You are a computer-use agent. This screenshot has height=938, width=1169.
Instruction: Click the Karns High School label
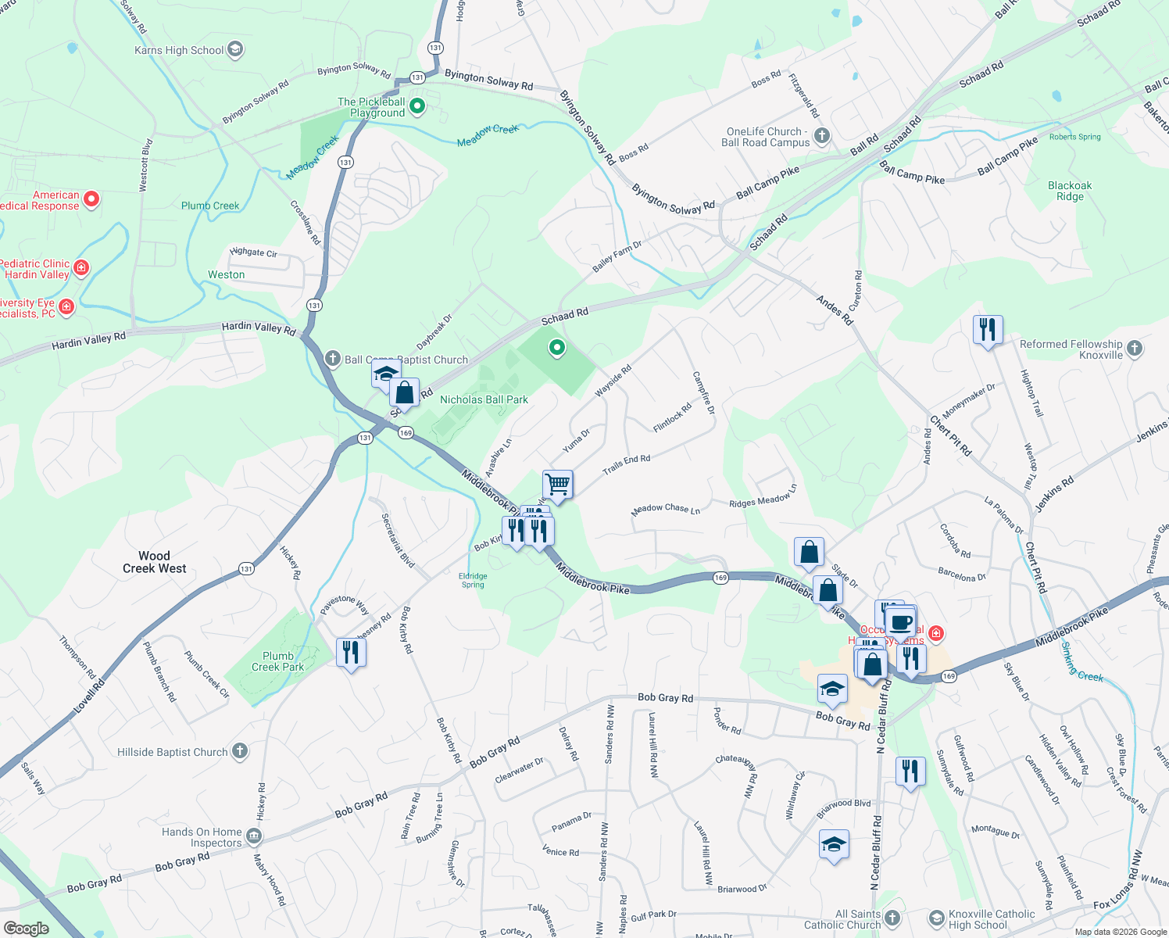pyautogui.click(x=179, y=50)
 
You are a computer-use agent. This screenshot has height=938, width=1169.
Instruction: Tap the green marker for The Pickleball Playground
pyautogui.click(x=417, y=106)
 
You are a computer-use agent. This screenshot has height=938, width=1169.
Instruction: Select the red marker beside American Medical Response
pyautogui.click(x=91, y=199)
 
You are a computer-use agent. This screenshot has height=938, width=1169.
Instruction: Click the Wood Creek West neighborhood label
pyautogui.click(x=154, y=562)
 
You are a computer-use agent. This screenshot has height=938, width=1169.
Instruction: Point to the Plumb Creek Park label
pyautogui.click(x=277, y=661)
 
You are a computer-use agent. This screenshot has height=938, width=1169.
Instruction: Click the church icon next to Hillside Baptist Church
pyautogui.click(x=240, y=751)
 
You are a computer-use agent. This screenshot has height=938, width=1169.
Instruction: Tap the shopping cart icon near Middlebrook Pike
pyautogui.click(x=558, y=484)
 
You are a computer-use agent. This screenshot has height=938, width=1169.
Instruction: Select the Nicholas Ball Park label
pyautogui.click(x=484, y=399)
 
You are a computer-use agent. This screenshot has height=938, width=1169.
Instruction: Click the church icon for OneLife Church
pyautogui.click(x=821, y=136)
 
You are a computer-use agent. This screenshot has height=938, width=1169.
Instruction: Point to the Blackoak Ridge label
pyautogui.click(x=1070, y=191)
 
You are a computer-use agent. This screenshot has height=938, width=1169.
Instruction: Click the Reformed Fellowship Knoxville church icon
pyautogui.click(x=1135, y=349)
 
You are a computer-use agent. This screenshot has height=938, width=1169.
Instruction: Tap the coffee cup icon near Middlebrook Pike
pyautogui.click(x=900, y=622)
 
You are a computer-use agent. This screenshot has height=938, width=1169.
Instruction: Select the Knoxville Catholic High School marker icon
pyautogui.click(x=936, y=918)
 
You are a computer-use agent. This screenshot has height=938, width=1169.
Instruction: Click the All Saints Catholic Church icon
pyautogui.click(x=892, y=918)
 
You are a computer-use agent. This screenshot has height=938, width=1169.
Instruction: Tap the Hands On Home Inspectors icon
pyautogui.click(x=253, y=836)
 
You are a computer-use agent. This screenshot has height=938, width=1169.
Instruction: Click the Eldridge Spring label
pyautogui.click(x=473, y=580)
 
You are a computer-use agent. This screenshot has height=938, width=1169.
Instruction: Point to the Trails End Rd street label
pyautogui.click(x=626, y=465)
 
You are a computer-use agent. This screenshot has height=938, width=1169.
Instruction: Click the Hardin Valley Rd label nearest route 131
pyautogui.click(x=258, y=328)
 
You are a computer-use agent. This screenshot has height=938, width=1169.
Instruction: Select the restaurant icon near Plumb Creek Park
pyautogui.click(x=351, y=651)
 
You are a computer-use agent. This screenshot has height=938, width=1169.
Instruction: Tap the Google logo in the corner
pyautogui.click(x=26, y=928)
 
